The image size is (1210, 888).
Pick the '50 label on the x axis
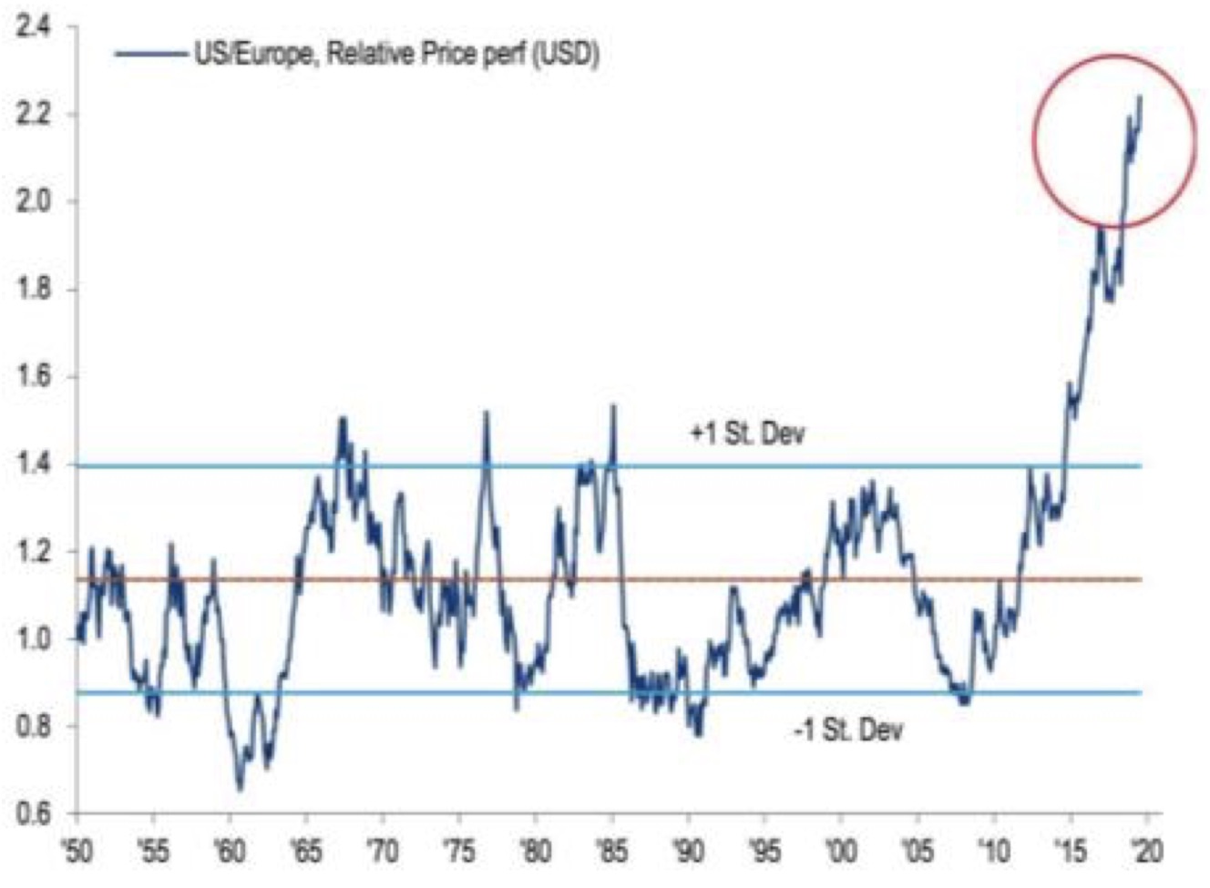(78, 852)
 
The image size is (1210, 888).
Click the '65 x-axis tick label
(306, 852)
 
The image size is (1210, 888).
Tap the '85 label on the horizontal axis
(611, 852)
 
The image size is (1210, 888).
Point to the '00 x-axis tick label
(840, 852)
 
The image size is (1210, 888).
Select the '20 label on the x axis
(1146, 852)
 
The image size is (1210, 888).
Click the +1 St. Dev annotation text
(747, 434)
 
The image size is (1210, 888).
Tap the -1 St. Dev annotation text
(847, 730)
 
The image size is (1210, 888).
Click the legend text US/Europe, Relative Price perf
(396, 55)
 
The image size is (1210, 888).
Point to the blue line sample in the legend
(150, 55)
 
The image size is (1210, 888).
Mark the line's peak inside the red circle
(1140, 97)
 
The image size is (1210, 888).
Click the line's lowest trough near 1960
(240, 789)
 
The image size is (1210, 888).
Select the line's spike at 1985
(613, 406)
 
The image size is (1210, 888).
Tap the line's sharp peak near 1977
(486, 413)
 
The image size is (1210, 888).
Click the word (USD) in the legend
(565, 55)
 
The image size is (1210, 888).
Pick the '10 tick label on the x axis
(993, 852)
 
